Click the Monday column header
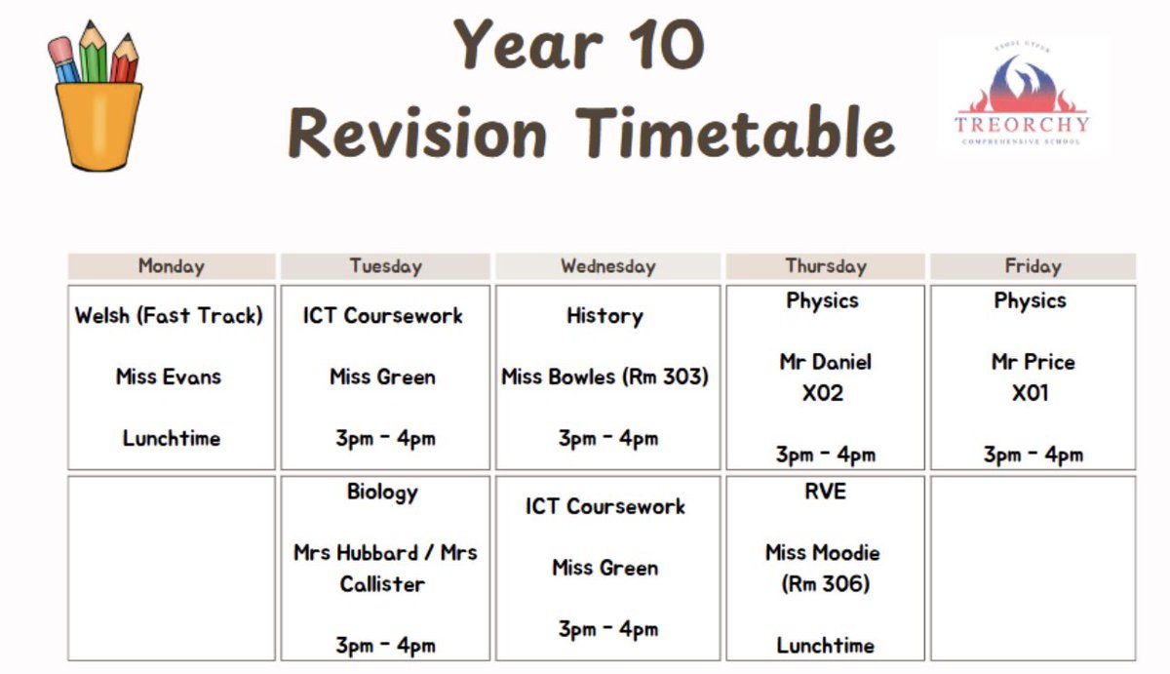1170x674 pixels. tap(172, 266)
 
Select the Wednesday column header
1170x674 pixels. tap(607, 266)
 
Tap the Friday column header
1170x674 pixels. tap(1033, 266)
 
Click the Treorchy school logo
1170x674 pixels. tap(1022, 98)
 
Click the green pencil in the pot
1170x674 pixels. tap(94, 54)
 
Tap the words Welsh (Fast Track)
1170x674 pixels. tap(170, 316)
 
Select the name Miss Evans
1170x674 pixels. tap(169, 377)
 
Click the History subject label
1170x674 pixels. tap(604, 316)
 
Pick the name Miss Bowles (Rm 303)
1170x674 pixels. tap(604, 377)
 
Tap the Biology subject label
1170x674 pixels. tap(382, 492)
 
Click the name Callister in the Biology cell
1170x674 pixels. tap(382, 584)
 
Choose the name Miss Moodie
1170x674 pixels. tap(823, 553)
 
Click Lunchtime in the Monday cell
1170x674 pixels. tap(172, 438)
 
